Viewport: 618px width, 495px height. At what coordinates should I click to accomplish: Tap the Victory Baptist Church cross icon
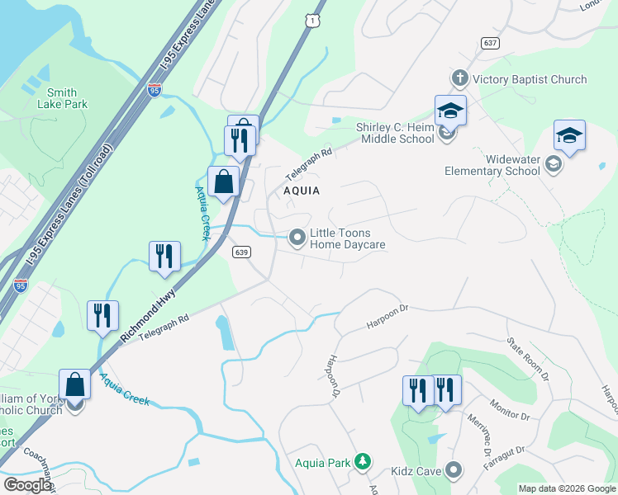click(x=459, y=79)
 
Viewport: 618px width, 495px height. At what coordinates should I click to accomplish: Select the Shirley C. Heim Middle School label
click(x=395, y=133)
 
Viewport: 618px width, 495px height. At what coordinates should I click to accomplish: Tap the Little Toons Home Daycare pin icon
click(x=297, y=238)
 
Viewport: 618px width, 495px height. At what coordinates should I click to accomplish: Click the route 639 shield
click(x=241, y=252)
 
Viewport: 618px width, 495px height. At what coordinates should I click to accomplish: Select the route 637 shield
click(x=490, y=42)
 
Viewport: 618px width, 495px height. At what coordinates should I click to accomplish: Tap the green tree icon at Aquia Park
click(x=362, y=460)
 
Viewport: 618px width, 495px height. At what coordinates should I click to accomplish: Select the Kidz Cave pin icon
click(x=453, y=470)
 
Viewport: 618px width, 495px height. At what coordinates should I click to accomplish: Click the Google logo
click(x=27, y=485)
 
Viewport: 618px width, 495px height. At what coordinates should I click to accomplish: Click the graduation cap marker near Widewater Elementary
click(x=569, y=135)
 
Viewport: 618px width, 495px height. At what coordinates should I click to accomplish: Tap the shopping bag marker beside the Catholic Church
click(x=74, y=384)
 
